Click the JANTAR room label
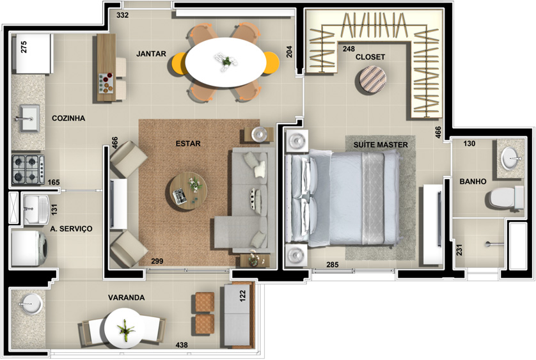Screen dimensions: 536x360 151,54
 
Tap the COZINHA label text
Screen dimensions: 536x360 68,118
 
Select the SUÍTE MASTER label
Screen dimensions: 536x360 381,145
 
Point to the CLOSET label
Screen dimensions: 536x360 370,57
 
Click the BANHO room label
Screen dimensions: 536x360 473,182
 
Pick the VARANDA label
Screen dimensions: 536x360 127,298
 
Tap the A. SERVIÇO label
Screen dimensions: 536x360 71,229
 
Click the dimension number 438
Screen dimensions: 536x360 182,345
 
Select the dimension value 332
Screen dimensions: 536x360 122,15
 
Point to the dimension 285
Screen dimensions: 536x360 332,265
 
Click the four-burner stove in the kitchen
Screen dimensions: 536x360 28,169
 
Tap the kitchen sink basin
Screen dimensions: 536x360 29,118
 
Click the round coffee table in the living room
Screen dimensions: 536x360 188,191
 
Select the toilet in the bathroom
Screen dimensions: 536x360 505,198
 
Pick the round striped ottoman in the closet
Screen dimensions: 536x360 373,80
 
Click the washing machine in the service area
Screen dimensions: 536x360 29,249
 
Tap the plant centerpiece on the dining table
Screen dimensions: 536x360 226,61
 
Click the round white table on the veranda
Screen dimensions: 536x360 125,328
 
